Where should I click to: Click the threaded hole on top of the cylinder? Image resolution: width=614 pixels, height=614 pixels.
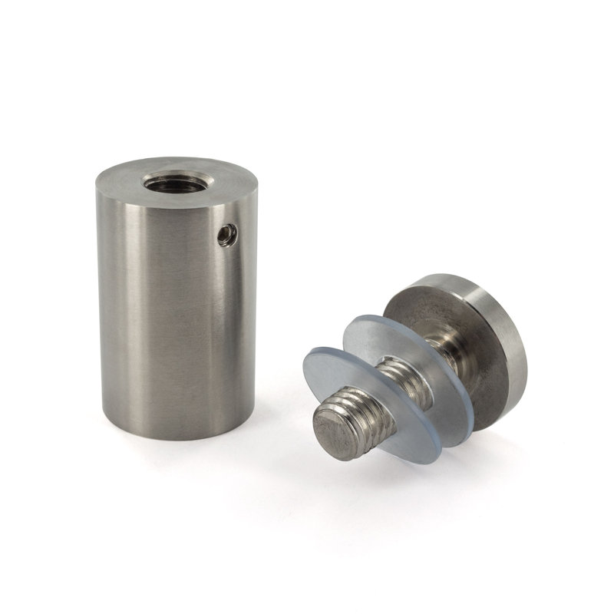tap(164, 185)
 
